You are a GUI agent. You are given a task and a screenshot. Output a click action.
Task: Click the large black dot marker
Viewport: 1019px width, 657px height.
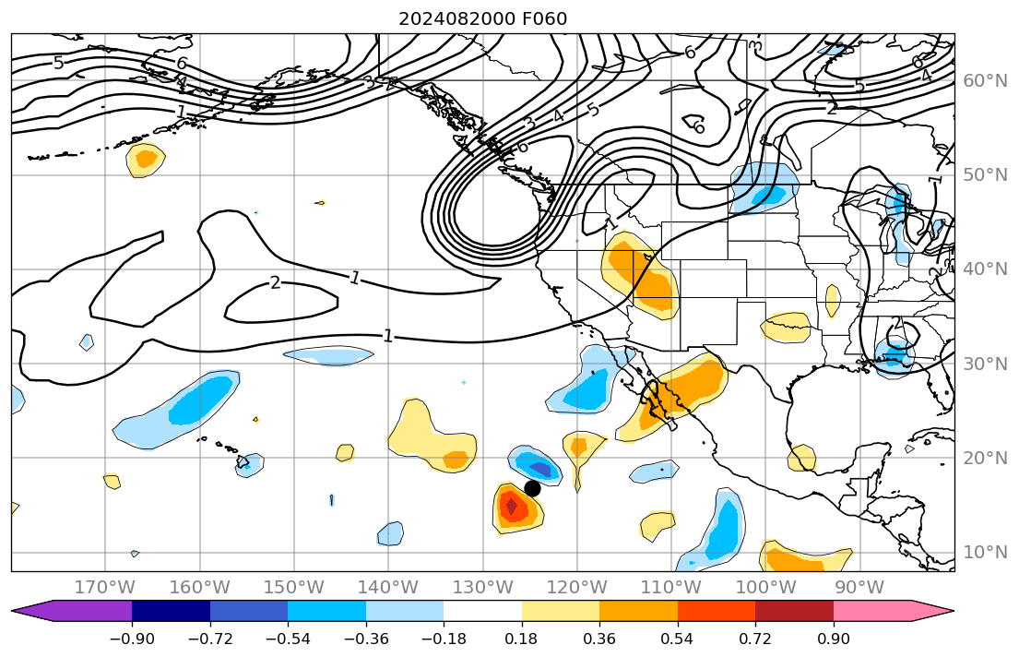(532, 488)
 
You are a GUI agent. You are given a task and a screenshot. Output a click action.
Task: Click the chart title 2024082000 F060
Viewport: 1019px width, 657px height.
(482, 18)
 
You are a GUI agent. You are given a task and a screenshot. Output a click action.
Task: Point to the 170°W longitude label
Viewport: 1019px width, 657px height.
(105, 587)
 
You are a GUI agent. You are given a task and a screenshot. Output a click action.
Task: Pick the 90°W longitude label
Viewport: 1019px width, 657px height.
(859, 587)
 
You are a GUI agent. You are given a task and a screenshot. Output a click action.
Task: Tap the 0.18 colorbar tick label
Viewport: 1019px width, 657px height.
(522, 639)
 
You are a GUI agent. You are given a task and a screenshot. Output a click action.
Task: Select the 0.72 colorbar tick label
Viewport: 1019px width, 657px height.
(755, 639)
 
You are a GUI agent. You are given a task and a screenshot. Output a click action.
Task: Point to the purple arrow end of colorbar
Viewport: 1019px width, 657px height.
(33, 611)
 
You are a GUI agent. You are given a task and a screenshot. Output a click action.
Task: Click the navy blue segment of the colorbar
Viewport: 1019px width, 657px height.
(171, 611)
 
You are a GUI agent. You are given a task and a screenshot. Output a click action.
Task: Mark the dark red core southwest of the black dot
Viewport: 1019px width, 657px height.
(511, 506)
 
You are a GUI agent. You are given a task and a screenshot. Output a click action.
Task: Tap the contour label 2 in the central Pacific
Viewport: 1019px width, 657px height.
(275, 282)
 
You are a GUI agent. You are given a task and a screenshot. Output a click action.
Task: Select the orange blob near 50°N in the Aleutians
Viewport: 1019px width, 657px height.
(146, 159)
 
